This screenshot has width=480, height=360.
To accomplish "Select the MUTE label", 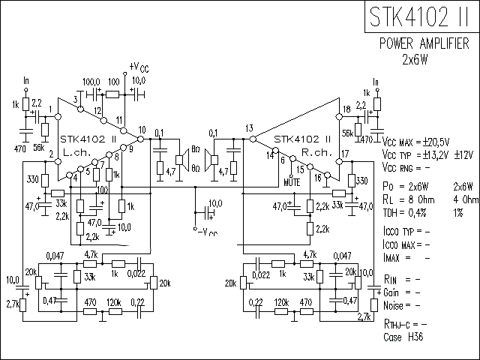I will coord(293,181).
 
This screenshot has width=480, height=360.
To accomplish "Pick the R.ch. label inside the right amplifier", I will coord(313,151).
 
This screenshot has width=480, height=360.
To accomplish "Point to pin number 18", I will coord(345,110).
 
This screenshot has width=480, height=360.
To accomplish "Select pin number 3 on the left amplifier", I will coord(76,100).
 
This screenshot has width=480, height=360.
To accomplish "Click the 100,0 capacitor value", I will coord(91,81).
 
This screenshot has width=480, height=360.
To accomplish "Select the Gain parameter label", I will coord(394,292).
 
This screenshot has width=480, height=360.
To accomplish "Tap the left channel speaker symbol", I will coord(181,159).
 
